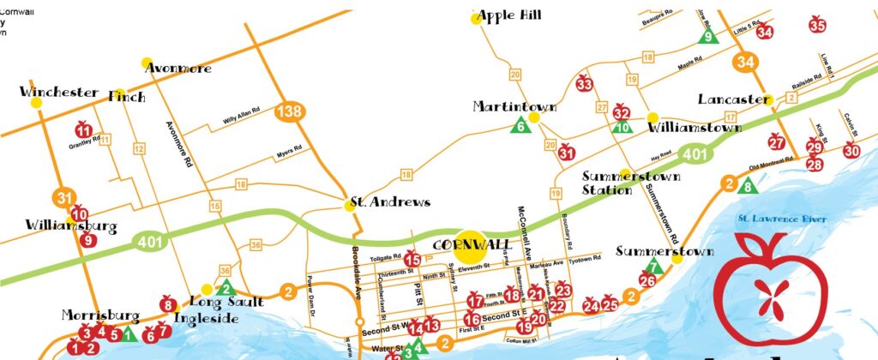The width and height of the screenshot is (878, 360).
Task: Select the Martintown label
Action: [x=514, y=107]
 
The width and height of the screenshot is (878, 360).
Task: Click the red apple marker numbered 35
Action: [x=817, y=26]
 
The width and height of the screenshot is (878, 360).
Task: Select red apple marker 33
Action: [x=585, y=84]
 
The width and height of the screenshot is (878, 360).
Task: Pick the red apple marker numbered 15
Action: [x=412, y=259]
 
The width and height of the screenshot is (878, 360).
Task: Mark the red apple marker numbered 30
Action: [x=851, y=150]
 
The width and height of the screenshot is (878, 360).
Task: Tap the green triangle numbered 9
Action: [x=708, y=36]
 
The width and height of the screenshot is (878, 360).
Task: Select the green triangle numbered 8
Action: [x=748, y=185]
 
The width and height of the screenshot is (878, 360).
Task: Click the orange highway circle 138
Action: [x=288, y=111]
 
